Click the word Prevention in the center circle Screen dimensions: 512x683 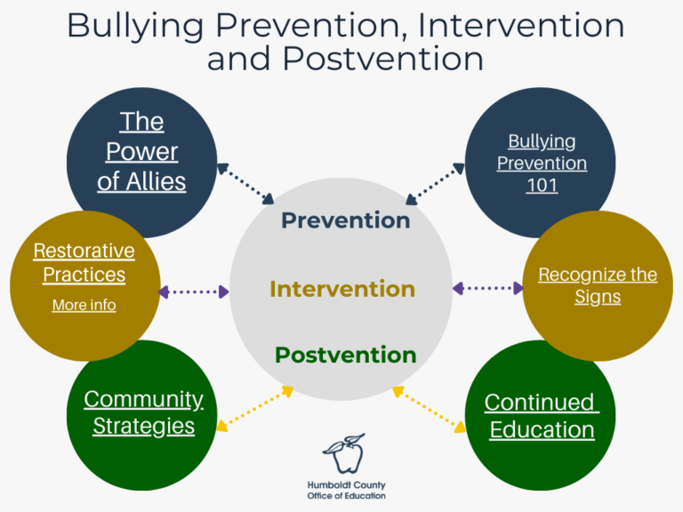345,220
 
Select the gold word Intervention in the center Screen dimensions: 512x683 341,289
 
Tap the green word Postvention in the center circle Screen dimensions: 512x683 345,356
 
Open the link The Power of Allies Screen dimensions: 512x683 141,151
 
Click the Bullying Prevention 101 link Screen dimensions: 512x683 542,164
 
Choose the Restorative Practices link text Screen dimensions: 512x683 84,262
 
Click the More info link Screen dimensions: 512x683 84,305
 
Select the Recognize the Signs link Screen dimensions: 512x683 598,285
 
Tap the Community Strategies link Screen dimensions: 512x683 143,412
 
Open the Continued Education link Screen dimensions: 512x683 542,415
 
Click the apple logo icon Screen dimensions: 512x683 342,453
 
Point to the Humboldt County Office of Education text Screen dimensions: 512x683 346,490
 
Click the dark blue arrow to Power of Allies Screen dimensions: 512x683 245,183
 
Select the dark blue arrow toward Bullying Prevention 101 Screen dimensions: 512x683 436,183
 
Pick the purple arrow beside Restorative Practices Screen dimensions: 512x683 193,292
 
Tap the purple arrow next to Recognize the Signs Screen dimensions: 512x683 488,288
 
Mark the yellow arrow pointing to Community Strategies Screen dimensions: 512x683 254,409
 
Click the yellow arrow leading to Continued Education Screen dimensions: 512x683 430,409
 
